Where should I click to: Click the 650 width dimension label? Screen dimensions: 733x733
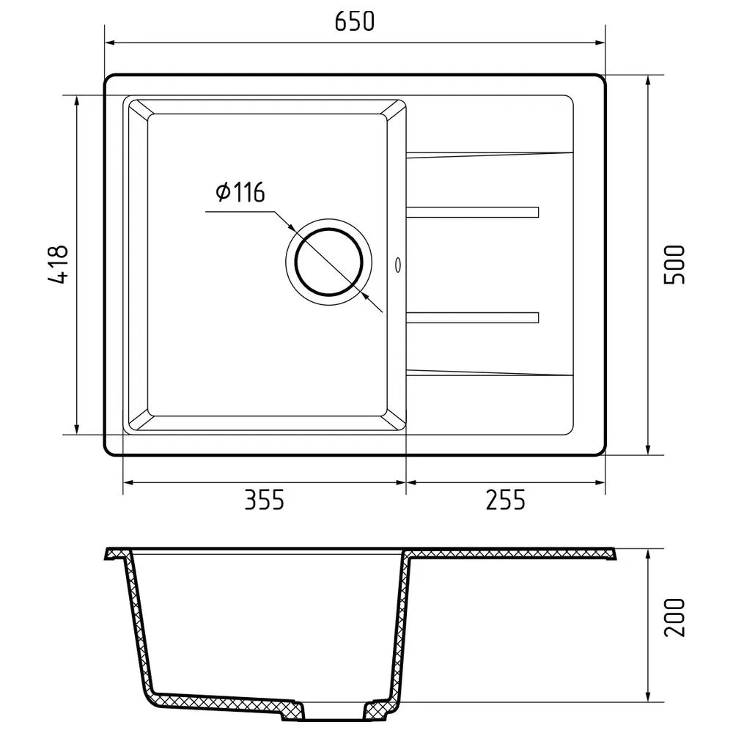[x=355, y=22]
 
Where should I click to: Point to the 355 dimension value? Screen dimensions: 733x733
[x=263, y=501]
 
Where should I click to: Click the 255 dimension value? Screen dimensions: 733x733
[x=506, y=501]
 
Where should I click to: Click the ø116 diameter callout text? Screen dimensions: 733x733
[x=240, y=193]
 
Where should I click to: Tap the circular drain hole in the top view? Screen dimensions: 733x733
[x=328, y=262]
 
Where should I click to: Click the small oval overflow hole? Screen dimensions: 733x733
[x=398, y=264]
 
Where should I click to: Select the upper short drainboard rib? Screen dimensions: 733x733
[x=473, y=213]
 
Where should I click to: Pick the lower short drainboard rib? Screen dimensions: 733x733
[x=473, y=317]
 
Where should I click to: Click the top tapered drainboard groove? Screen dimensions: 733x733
[x=489, y=155]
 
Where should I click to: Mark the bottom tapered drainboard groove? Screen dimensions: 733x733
[x=489, y=372]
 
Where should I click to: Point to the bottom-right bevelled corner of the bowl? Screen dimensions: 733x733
[x=394, y=421]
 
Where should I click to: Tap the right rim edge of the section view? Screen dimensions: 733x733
[x=614, y=554]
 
